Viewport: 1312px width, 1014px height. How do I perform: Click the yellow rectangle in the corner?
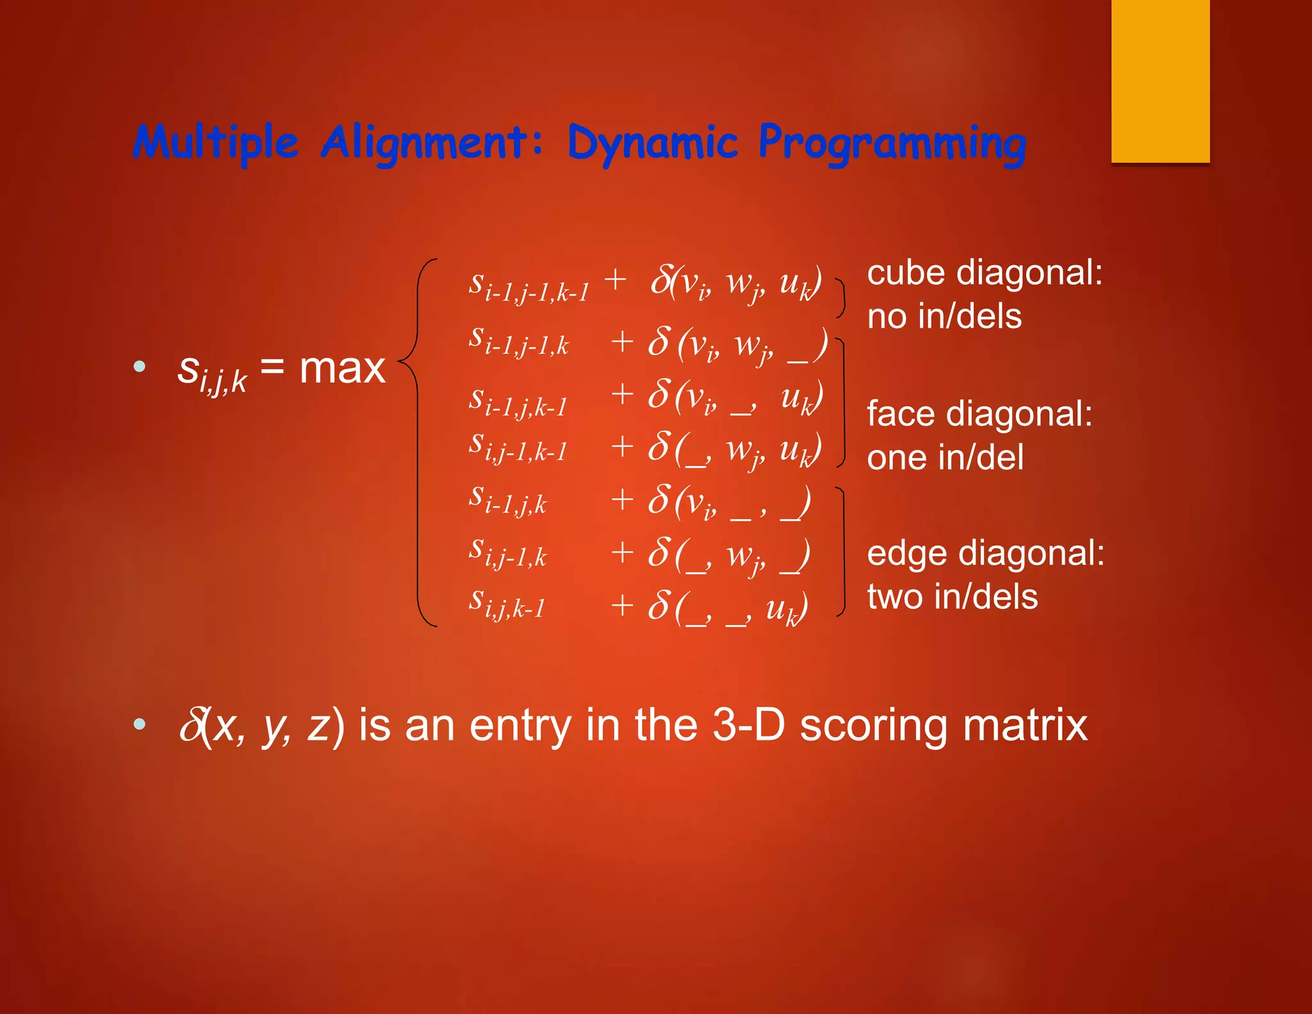[1160, 81]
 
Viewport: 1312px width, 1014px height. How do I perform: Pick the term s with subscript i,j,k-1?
[507, 604]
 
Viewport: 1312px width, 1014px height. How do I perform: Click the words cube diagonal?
[984, 273]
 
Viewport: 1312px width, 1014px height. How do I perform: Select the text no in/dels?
[944, 317]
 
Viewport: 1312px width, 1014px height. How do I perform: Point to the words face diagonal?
[980, 414]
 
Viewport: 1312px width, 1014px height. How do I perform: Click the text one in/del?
[945, 458]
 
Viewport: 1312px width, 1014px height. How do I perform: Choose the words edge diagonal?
[985, 553]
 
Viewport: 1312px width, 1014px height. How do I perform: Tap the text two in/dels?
[952, 597]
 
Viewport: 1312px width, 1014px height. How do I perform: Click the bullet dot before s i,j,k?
[140, 367]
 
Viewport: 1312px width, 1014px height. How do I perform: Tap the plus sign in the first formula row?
[615, 279]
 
